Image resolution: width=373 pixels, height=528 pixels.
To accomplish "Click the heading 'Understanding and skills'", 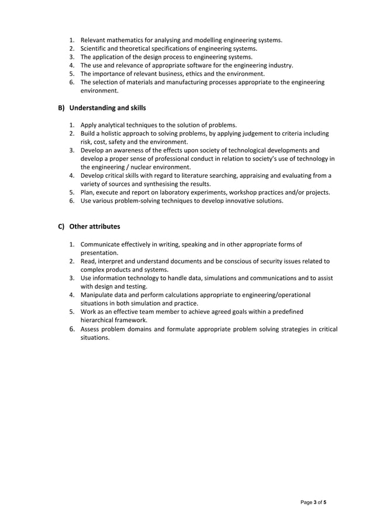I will pos(108,108).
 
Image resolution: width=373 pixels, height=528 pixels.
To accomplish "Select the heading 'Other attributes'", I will pos(95,226).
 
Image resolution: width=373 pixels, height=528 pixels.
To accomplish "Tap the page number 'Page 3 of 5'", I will pos(313,502).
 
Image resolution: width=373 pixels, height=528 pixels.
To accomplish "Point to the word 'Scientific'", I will pos(95,49).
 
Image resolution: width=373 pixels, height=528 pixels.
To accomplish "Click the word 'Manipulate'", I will pos(98,295).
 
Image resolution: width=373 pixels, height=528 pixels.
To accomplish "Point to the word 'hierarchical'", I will pos(99,320).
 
